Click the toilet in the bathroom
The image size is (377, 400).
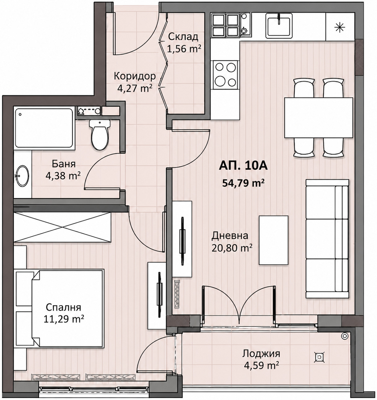pyautogui.click(x=100, y=135)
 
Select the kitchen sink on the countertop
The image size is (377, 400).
pyautogui.click(x=279, y=25)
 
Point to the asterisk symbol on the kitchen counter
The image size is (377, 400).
pyautogui.click(x=340, y=27)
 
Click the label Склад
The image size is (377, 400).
pyautogui.click(x=183, y=37)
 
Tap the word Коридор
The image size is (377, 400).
pyautogui.click(x=135, y=76)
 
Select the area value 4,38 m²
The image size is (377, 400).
pyautogui.click(x=63, y=176)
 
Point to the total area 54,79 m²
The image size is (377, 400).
pyautogui.click(x=243, y=183)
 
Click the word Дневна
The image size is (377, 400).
pyautogui.click(x=230, y=235)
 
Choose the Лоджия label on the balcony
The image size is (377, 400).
pyautogui.click(x=261, y=354)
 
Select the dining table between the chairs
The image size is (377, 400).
pyautogui.click(x=318, y=118)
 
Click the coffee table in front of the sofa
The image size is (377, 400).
pyautogui.click(x=273, y=240)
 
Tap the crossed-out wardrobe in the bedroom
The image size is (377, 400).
pyautogui.click(x=62, y=227)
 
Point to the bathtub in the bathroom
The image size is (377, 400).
pyautogui.click(x=44, y=128)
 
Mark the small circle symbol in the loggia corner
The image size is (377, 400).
pyautogui.click(x=345, y=336)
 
